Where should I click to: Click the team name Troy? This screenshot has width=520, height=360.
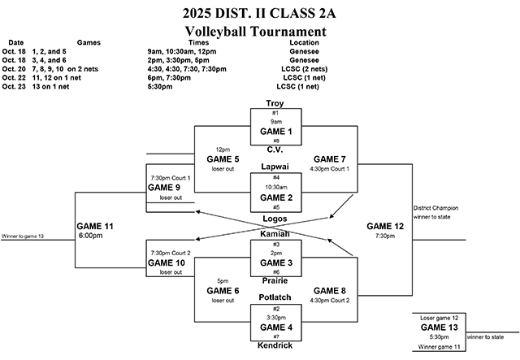click(x=275, y=102)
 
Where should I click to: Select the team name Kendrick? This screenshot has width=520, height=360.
click(x=275, y=345)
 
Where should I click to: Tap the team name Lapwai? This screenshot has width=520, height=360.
click(x=275, y=167)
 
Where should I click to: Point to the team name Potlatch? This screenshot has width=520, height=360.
click(x=275, y=297)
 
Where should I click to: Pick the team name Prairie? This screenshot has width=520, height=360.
click(x=275, y=280)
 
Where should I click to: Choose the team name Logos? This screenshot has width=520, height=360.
click(x=275, y=218)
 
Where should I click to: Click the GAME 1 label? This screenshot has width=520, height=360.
click(x=275, y=130)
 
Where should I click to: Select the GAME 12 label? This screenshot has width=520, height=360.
click(x=384, y=226)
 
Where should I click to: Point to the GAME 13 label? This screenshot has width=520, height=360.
click(x=440, y=327)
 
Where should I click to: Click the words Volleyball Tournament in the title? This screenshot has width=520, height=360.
click(x=255, y=31)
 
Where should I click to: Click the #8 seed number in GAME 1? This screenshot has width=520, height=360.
click(x=275, y=140)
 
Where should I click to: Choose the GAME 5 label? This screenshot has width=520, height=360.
click(x=223, y=159)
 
